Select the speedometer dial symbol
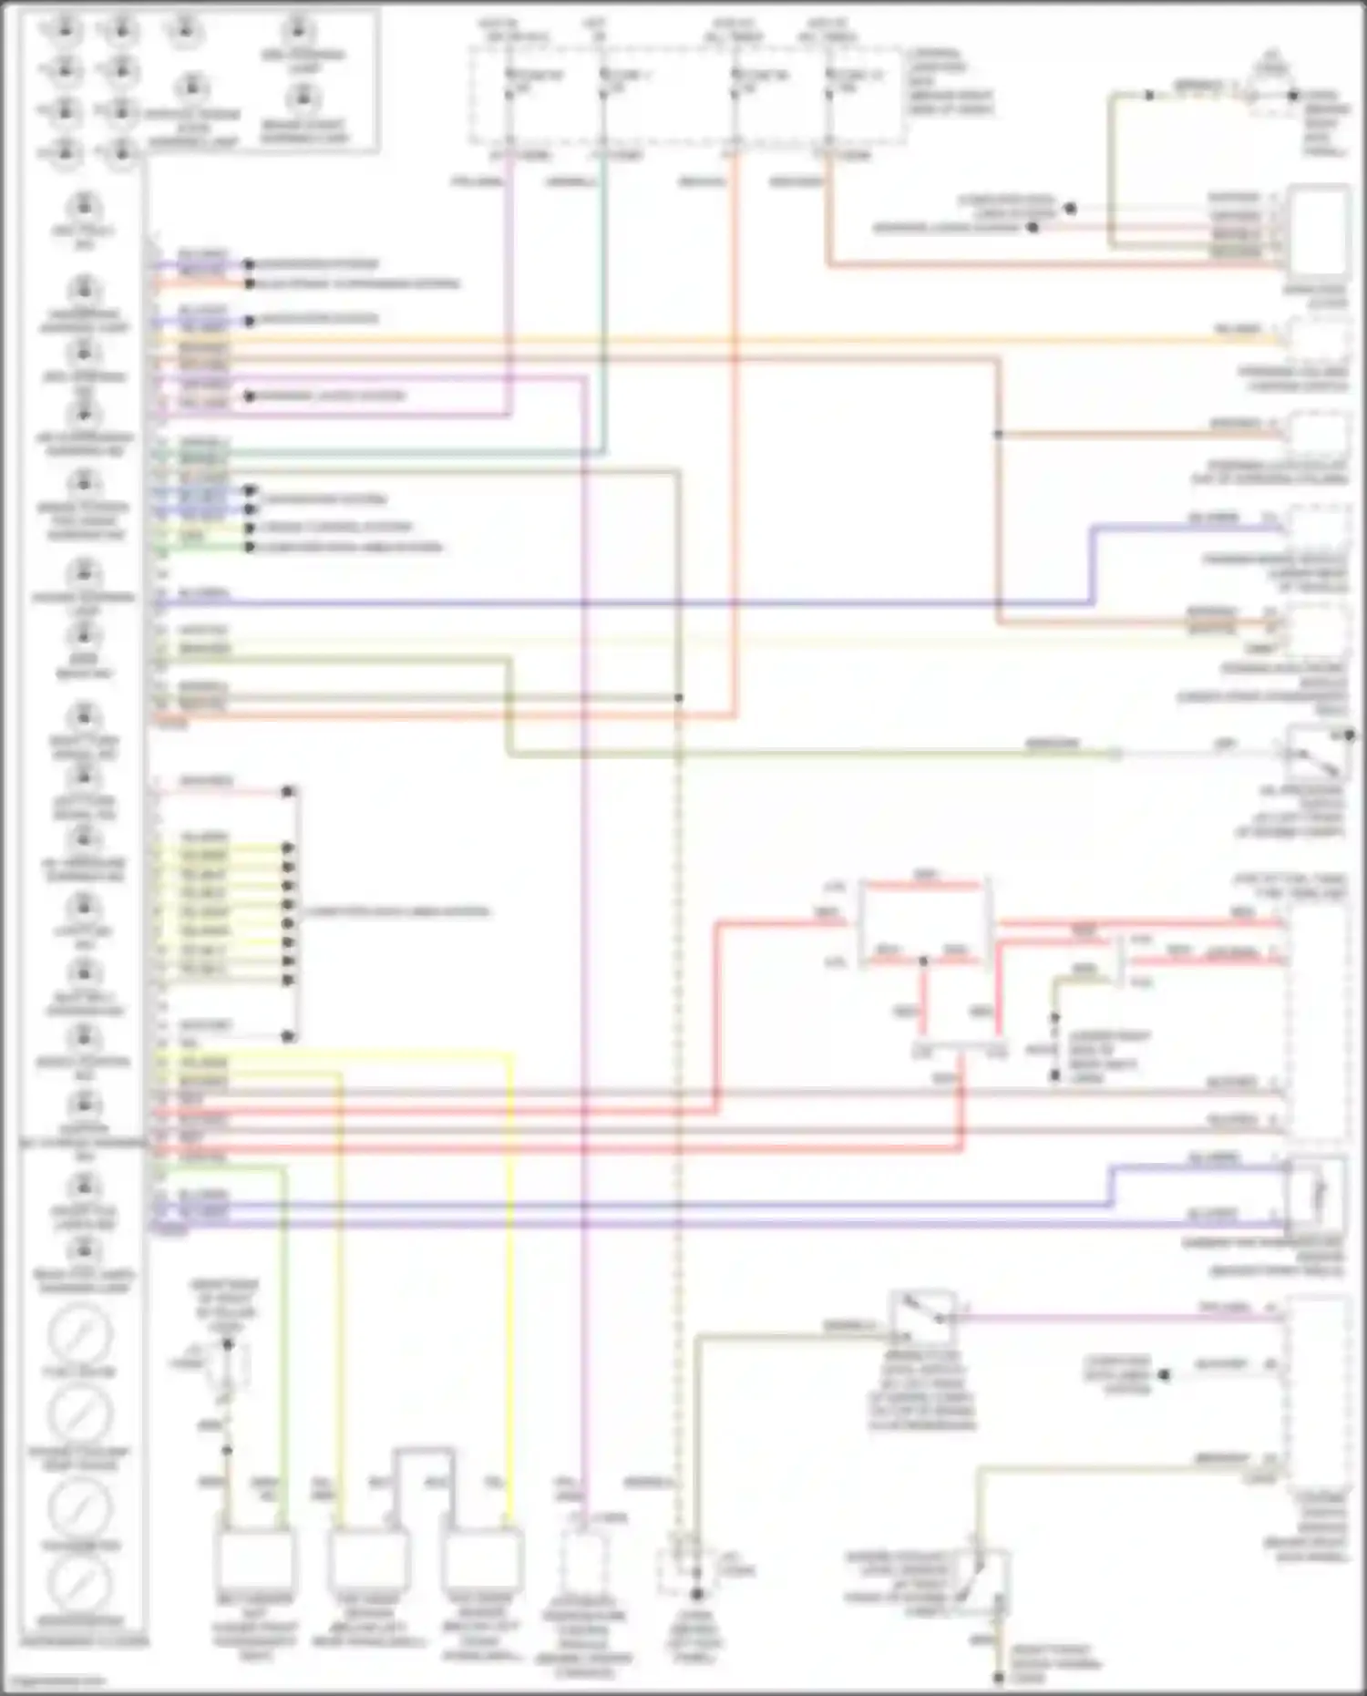[x=80, y=1584]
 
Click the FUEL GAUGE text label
[x=80, y=1372]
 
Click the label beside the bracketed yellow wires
[x=396, y=911]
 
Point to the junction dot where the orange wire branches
[x=998, y=434]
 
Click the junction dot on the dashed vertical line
[x=679, y=698]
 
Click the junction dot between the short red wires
[x=923, y=961]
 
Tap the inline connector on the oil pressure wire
[x=1116, y=754]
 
